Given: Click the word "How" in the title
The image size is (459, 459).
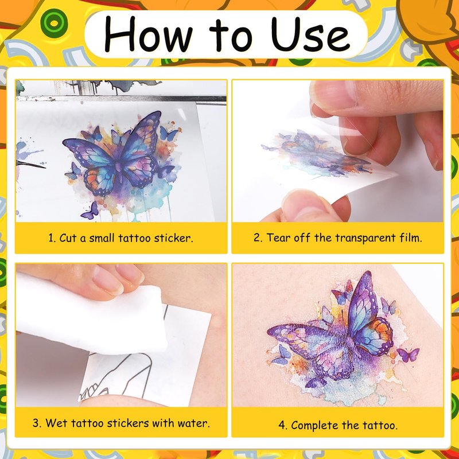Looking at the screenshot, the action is pos(149,34).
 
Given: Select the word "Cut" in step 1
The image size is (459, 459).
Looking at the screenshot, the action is pos(68,238).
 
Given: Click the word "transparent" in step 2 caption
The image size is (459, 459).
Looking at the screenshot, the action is pos(365,238).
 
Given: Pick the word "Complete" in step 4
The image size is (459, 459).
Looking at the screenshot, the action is pos(314,425).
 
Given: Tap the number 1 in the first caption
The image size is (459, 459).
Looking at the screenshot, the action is pos(52,238).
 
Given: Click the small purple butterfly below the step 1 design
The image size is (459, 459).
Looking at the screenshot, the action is pos(90,211).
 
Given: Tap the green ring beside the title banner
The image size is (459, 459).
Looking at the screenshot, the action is pos(54,23).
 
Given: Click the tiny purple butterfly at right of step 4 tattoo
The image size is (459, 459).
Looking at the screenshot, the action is pos(408,355).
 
